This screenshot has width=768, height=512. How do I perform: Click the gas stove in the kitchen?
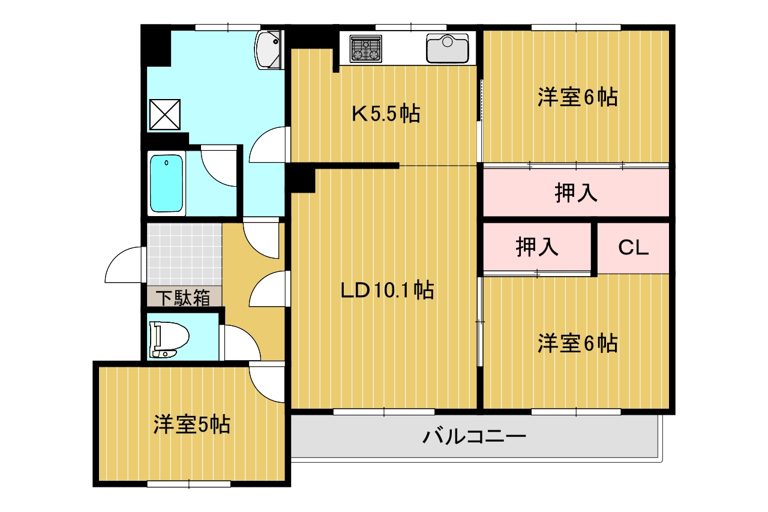point(365,49)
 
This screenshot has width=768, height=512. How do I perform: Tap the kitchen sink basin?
point(447,49)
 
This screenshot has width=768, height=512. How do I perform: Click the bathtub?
point(166,183)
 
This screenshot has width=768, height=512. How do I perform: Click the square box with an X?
point(165,115)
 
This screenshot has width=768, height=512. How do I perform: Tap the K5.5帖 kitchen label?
point(386,113)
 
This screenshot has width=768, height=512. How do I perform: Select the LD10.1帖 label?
point(387,290)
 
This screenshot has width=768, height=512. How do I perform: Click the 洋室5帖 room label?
point(191,424)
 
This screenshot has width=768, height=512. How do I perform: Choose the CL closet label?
point(633,247)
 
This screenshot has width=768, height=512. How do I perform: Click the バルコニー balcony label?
point(474,437)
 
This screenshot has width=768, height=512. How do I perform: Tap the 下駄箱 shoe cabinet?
point(184,297)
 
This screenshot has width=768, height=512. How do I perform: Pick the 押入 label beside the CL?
point(537,247)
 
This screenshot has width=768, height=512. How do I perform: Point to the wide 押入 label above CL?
point(576,193)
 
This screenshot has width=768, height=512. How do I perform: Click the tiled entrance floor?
point(184,254)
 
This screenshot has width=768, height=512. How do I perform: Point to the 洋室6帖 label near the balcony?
point(577,343)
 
